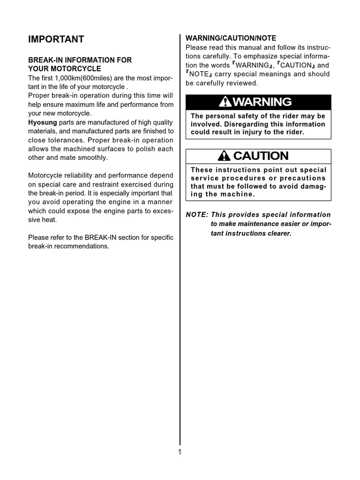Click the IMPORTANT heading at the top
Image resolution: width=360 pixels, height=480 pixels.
[56, 39]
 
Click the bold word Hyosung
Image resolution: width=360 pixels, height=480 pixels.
[42, 122]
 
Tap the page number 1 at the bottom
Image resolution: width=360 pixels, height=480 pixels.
[180, 452]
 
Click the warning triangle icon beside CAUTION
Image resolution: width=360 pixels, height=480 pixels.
[225, 156]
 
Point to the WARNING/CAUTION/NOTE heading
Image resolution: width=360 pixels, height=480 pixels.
[231, 38]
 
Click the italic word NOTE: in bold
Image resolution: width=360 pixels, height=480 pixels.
[197, 215]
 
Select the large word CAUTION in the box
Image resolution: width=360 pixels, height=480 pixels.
[261, 156]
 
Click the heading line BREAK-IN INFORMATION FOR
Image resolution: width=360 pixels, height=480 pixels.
[80, 60]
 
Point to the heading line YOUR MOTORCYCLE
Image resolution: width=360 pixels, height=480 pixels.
[65, 69]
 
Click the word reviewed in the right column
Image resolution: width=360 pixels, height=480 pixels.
[242, 83]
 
